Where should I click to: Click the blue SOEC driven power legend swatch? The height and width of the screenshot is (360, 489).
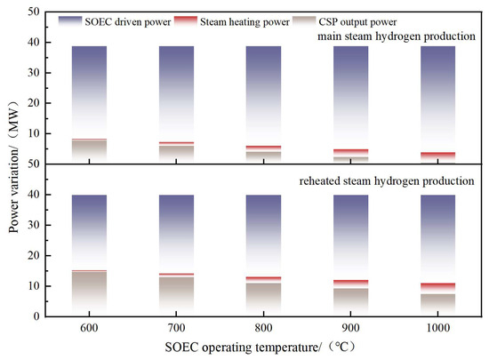tap(70, 21)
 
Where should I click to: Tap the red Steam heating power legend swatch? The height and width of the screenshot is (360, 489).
tap(186, 21)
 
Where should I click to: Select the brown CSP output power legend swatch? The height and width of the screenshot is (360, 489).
tap(304, 21)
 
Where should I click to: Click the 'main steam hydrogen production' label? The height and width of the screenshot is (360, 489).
tap(397, 36)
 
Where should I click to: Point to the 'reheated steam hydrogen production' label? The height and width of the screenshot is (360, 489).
tap(387, 181)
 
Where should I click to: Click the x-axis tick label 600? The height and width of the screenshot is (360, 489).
tap(89, 328)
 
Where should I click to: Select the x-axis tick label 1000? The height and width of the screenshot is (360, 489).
tap(437, 328)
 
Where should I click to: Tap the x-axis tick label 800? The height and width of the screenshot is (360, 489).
tap(263, 328)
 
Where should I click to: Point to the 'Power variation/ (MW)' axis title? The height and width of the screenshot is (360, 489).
tap(13, 167)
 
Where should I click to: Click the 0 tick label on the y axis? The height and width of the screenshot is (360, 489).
tap(36, 316)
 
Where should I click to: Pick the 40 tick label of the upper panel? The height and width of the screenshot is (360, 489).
tap(34, 42)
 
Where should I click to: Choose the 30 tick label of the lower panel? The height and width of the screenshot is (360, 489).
tap(34, 225)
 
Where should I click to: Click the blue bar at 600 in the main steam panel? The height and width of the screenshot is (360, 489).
tap(89, 92)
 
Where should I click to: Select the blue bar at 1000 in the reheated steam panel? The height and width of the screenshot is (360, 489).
tap(437, 239)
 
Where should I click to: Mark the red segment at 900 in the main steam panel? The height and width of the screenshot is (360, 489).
tap(351, 153)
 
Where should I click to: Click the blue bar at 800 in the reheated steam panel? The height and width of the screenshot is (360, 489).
tap(263, 236)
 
